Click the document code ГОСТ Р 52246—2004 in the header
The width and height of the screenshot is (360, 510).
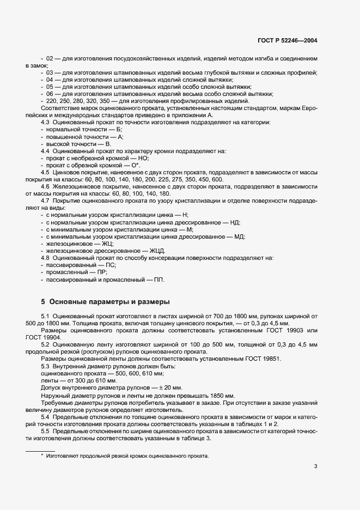[287, 40]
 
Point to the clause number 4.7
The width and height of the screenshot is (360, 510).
[46, 201]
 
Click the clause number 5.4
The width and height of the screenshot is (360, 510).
[46, 417]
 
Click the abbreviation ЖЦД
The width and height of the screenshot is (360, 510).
[150, 250]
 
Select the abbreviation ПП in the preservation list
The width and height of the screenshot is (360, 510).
[158, 278]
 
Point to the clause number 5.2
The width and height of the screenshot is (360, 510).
[46, 345]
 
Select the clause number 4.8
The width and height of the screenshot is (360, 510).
[46, 257]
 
